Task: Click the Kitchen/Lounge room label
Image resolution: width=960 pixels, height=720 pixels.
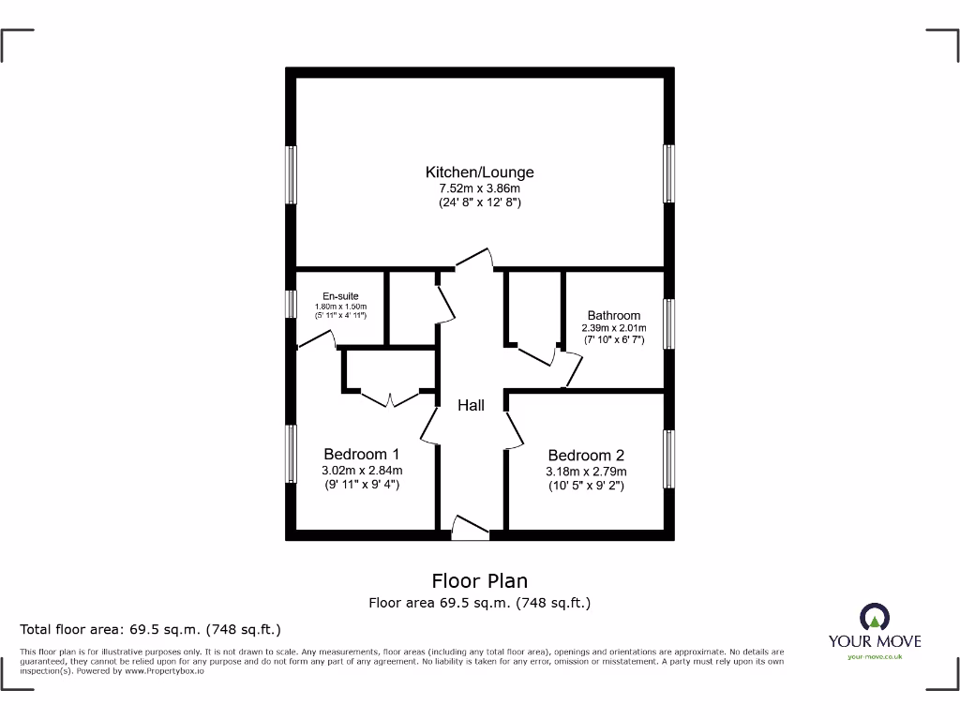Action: tap(480, 172)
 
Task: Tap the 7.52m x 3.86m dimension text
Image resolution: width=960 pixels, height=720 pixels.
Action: tap(480, 187)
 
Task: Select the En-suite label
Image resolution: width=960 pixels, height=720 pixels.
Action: tap(340, 296)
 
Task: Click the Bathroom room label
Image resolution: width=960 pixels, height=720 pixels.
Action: tap(614, 315)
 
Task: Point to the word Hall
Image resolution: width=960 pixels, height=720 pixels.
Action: tap(472, 405)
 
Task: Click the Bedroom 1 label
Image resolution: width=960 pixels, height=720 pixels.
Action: tap(361, 455)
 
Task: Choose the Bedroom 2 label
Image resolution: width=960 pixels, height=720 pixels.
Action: tap(586, 456)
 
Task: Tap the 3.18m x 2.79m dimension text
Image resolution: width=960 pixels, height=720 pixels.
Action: tap(586, 472)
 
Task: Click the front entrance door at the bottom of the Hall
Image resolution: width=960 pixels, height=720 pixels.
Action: tap(470, 528)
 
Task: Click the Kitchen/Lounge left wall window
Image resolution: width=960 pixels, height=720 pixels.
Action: tap(292, 174)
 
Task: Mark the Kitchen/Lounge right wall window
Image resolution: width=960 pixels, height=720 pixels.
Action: tap(668, 173)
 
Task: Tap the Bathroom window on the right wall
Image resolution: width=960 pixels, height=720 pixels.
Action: tap(668, 323)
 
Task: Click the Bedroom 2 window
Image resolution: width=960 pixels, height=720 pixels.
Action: tap(668, 458)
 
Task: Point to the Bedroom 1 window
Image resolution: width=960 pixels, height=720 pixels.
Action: tap(292, 454)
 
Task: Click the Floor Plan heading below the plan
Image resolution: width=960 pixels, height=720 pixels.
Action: tap(480, 581)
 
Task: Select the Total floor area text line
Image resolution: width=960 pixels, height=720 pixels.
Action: tap(151, 629)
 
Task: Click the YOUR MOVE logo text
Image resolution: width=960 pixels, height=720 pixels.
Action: tap(874, 642)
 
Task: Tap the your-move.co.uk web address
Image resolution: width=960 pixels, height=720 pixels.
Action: tap(874, 657)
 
